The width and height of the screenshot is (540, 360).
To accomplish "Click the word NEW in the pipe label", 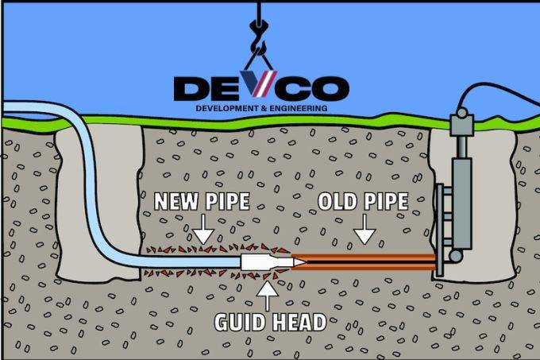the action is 174,201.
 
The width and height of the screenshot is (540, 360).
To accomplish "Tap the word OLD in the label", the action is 337,201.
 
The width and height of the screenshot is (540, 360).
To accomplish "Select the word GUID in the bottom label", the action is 239,322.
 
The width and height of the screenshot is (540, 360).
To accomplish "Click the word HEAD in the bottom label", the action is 299,322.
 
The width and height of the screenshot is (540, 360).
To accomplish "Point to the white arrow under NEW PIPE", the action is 203,230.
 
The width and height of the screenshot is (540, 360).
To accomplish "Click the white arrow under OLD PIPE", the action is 364,230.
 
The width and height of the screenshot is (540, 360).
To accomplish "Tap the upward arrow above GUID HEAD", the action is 268,296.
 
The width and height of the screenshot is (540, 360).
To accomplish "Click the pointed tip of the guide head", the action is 305,262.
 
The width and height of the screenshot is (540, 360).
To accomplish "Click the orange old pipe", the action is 364,262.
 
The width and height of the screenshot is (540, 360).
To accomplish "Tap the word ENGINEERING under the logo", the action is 299,109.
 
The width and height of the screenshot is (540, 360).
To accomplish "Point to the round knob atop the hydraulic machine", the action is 461,112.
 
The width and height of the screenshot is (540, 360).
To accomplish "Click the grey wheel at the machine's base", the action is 456,256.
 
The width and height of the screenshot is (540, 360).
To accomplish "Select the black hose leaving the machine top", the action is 499,93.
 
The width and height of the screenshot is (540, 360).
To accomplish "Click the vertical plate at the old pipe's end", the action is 439,230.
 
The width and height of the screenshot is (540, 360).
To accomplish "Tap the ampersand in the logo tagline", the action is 264,109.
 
